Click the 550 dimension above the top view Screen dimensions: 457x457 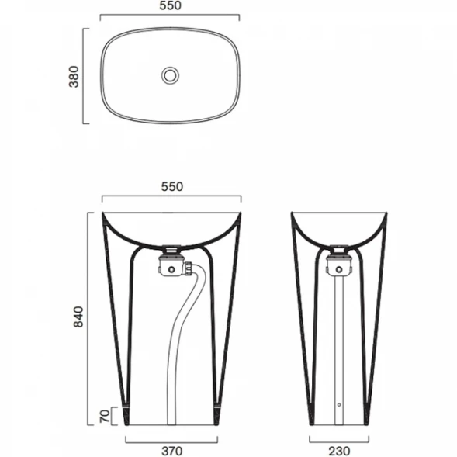pos(170,5)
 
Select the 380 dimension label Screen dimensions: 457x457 pos(74,77)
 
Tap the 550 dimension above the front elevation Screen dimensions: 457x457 pos(172,186)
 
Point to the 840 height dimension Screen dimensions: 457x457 pos(78,317)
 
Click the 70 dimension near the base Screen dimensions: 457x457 pos(105,416)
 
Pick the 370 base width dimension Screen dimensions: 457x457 pos(172,451)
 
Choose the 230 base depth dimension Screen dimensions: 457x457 pos(339,451)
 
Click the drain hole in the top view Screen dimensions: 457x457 pos(170,75)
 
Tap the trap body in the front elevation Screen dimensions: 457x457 pos(171,265)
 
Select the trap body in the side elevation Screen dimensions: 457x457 pos(339,265)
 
